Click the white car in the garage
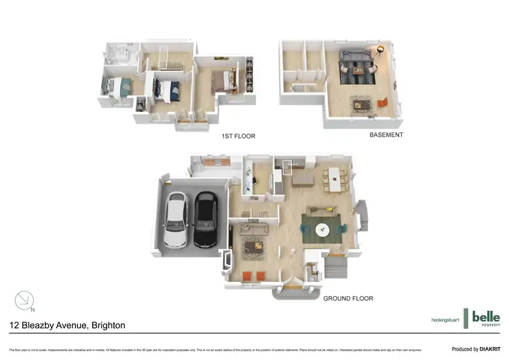[x=176, y=219]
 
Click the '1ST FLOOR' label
[x=238, y=137]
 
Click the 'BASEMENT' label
[x=386, y=134]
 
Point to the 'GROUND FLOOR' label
[x=348, y=298]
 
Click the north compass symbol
[x=24, y=300]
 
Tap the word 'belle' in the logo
[x=486, y=317]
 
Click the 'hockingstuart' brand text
[x=446, y=319]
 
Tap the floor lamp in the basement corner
[x=381, y=50]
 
